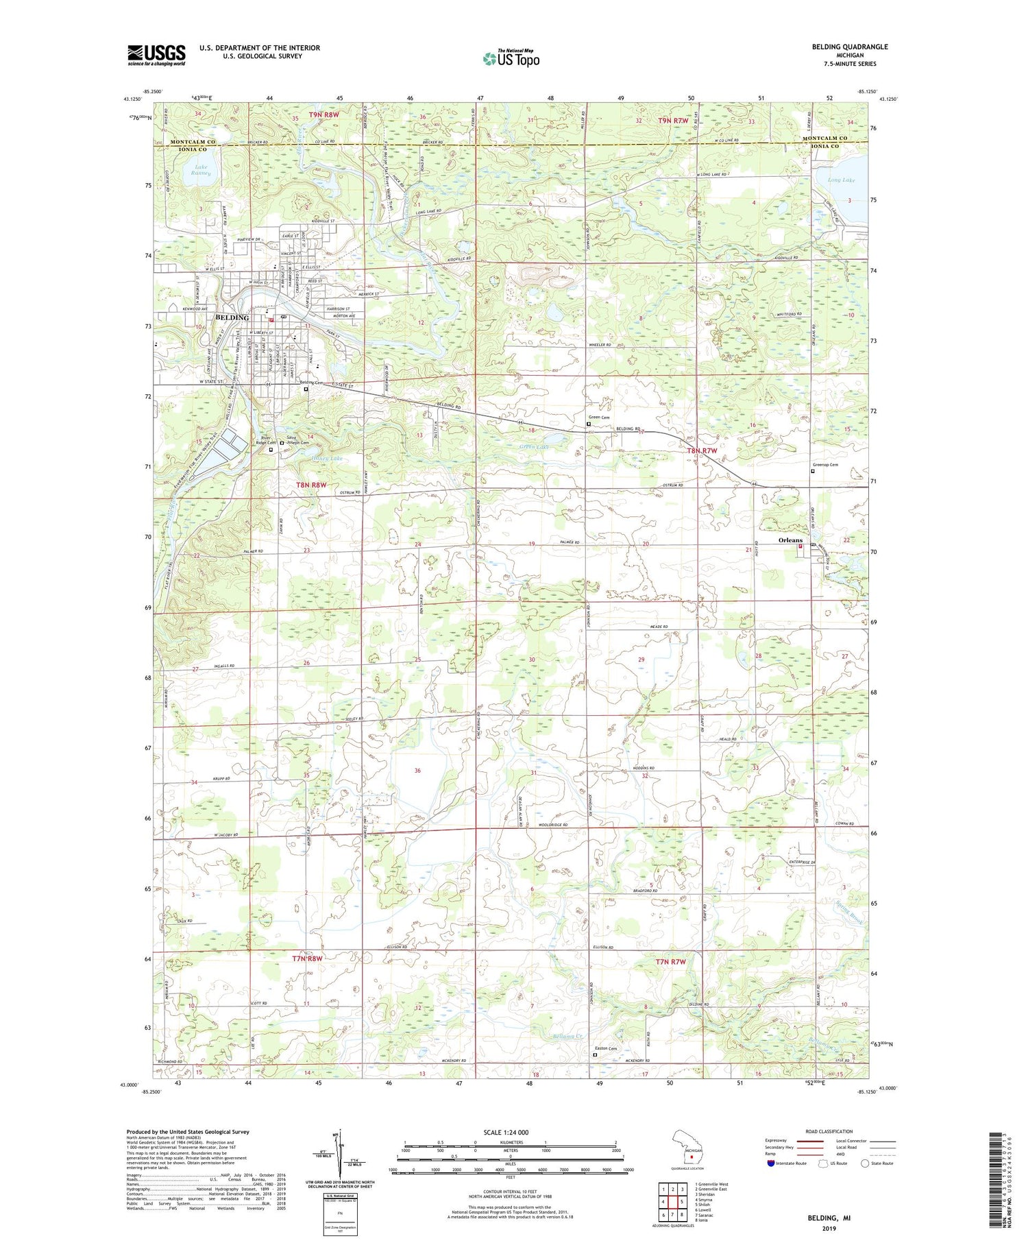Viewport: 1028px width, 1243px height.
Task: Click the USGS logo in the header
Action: (156, 55)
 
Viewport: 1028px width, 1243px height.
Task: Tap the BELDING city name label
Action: (232, 317)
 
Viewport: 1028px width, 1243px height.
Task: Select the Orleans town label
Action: (790, 540)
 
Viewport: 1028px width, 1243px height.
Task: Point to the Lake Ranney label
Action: (201, 170)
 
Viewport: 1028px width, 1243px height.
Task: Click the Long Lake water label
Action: (841, 180)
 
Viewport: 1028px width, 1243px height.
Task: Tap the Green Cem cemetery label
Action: (599, 418)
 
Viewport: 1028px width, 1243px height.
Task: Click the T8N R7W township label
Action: (702, 450)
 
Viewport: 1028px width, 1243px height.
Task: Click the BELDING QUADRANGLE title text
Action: (847, 47)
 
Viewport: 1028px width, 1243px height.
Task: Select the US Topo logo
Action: (511, 58)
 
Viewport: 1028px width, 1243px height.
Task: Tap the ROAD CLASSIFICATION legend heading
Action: (829, 1131)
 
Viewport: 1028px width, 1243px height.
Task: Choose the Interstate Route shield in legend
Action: (771, 1163)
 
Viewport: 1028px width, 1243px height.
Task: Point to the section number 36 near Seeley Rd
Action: (417, 771)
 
